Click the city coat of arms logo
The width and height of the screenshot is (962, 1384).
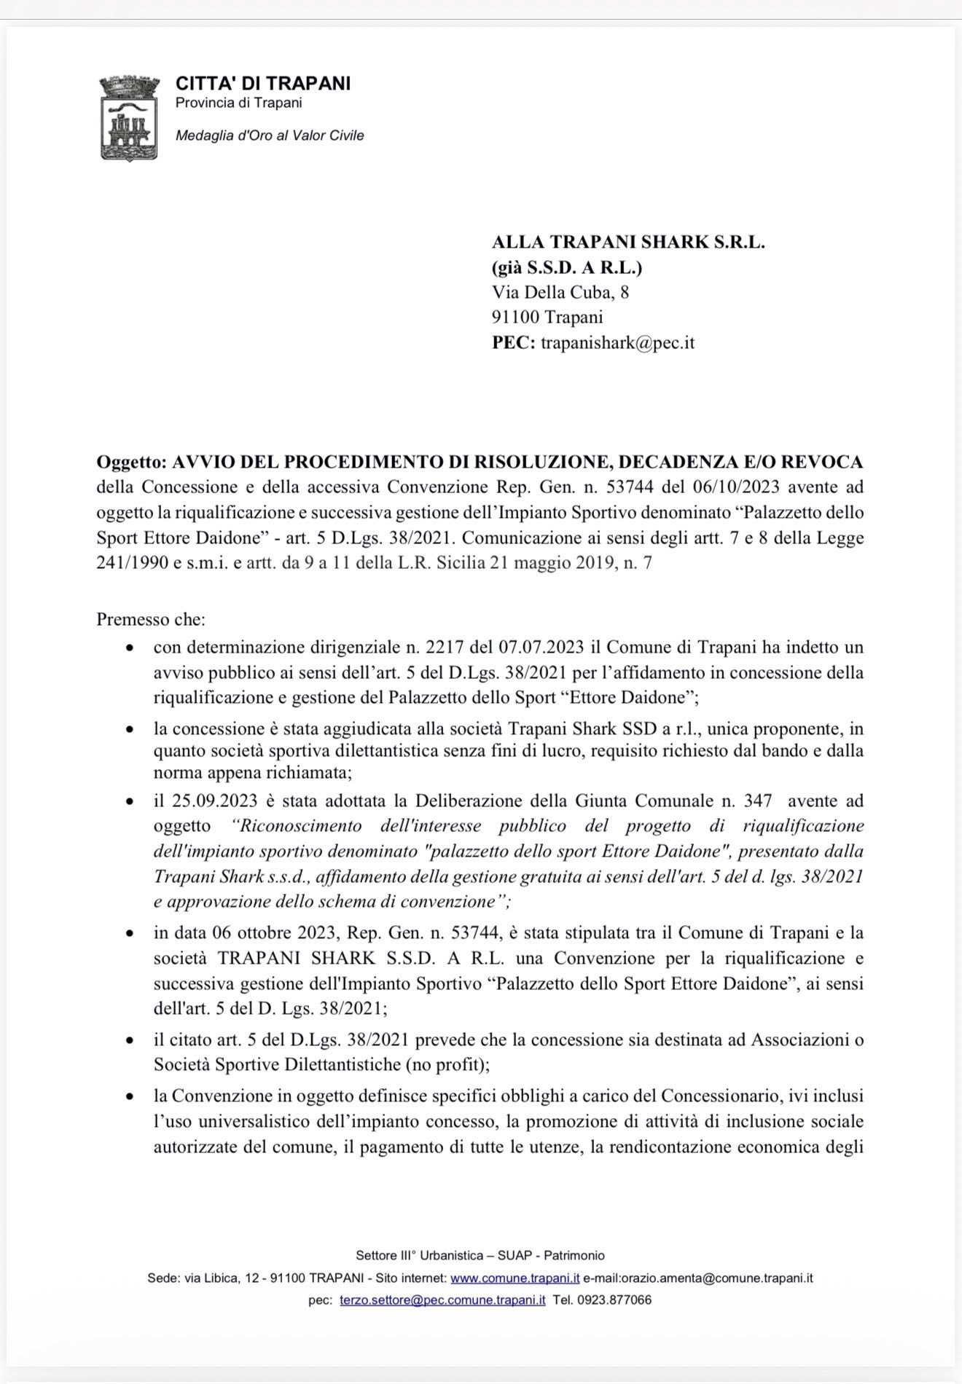point(128,118)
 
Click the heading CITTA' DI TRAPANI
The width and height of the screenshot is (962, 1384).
point(263,83)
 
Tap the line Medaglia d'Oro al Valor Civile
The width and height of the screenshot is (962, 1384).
point(270,135)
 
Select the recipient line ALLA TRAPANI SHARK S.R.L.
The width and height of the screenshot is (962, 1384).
point(628,243)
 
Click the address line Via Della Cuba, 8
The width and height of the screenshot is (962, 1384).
point(560,293)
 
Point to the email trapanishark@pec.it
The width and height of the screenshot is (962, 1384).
point(617,342)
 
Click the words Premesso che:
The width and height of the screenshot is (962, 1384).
point(151,620)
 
